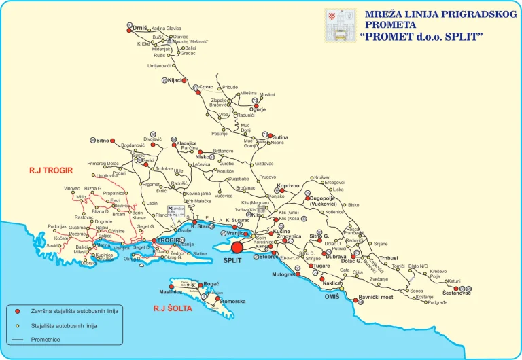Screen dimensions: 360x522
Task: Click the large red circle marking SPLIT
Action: point(237,248)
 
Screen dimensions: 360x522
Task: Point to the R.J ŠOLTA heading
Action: point(173,308)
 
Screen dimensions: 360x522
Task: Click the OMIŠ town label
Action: point(331,297)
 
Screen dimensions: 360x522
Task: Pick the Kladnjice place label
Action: point(186,143)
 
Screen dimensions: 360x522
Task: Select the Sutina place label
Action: point(280,137)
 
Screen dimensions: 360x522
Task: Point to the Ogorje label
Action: point(257,109)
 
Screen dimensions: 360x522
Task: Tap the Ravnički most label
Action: point(376,298)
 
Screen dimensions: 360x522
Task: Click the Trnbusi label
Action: point(389,258)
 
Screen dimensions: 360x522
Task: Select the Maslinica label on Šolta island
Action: point(170,292)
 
